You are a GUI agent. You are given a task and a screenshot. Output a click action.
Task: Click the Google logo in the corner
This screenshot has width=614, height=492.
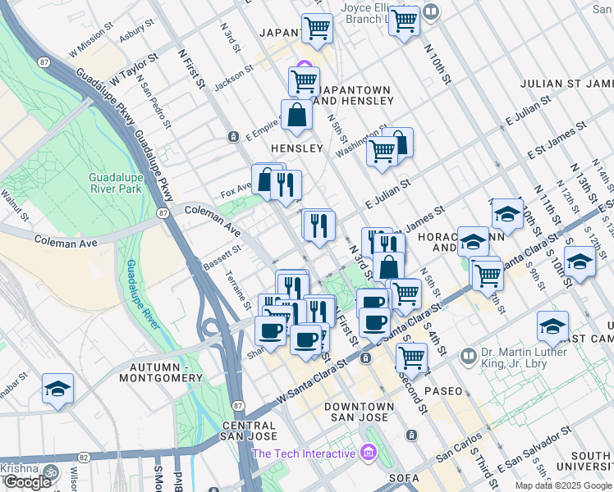(27, 482)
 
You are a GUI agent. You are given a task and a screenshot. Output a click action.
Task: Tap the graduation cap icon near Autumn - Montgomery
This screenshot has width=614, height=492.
(58, 389)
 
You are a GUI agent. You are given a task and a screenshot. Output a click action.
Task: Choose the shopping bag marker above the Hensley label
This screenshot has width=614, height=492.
(296, 117)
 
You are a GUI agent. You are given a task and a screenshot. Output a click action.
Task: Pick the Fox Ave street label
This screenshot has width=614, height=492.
(235, 194)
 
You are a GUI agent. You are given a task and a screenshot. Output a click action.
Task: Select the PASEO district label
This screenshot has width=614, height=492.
(444, 391)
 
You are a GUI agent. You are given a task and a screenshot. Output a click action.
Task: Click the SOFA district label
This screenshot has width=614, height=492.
(404, 477)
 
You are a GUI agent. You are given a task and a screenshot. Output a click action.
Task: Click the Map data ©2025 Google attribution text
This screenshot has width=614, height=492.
(563, 485)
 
